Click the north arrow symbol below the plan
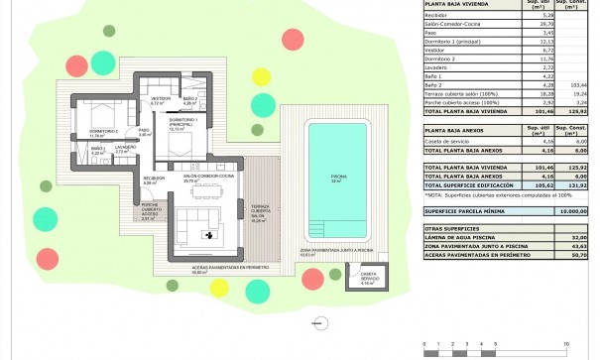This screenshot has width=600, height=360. tap(316, 321)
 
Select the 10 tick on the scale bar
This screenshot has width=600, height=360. tap(566, 343)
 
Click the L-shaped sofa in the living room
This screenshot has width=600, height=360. tap(187, 223)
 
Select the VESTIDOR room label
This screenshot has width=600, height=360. tap(160, 100)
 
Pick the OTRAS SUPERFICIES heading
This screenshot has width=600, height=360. tap(452, 227)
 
